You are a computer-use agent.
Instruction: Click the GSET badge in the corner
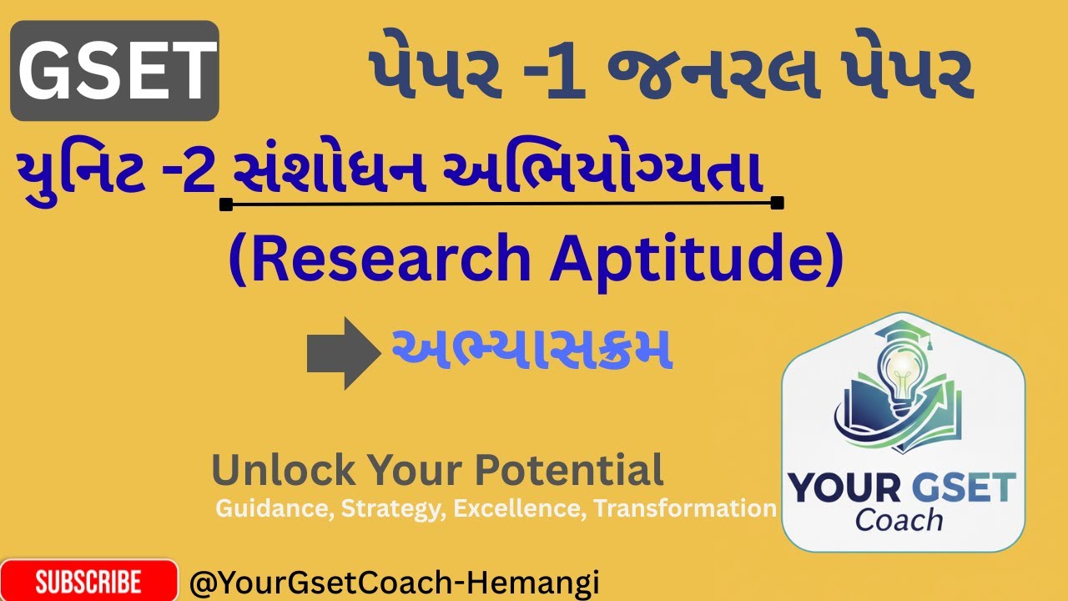pos(114,71)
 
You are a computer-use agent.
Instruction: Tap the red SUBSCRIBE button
pos(88,581)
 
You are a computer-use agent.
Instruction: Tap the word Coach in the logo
pos(899,519)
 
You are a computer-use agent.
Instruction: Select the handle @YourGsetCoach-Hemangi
pos(395,583)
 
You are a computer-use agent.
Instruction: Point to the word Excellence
pos(521,508)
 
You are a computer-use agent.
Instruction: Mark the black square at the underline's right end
pos(778,203)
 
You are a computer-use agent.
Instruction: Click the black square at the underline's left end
pos(225,204)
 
